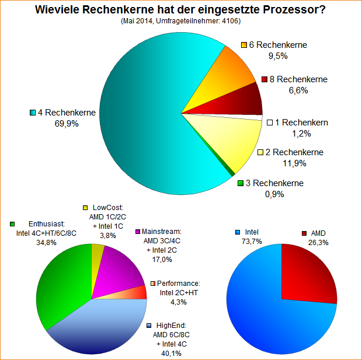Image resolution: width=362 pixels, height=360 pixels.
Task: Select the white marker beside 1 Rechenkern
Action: point(269,123)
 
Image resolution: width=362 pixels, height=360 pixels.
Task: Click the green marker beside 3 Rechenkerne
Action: point(241,183)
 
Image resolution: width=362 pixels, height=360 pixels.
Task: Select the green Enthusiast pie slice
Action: point(61,286)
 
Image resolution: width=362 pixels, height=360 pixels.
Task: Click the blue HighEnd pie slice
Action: point(99,327)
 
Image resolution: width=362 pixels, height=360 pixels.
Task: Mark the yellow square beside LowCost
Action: point(86,207)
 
